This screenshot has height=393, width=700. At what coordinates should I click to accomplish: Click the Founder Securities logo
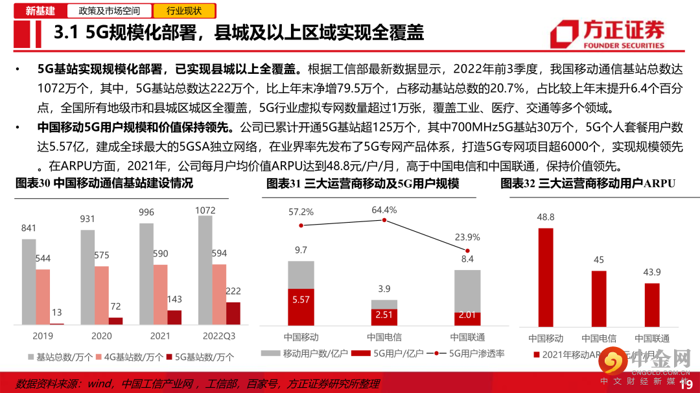(x=607, y=34)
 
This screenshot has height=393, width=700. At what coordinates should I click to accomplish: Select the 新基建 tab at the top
(x=40, y=10)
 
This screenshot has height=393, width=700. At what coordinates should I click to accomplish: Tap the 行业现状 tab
(x=183, y=10)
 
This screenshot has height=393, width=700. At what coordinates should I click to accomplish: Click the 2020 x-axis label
(x=102, y=336)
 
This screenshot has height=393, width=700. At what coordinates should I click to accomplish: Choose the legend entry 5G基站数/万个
(x=201, y=357)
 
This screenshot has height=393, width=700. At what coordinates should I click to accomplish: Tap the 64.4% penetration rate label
(x=384, y=210)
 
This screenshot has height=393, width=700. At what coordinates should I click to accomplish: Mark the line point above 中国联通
(x=467, y=250)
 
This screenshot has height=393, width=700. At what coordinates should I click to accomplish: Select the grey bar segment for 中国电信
(x=384, y=304)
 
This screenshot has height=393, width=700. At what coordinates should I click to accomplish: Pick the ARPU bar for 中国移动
(x=546, y=276)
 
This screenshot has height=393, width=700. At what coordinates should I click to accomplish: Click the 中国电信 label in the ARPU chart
(x=598, y=338)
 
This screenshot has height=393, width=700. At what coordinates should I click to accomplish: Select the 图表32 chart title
(x=588, y=184)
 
